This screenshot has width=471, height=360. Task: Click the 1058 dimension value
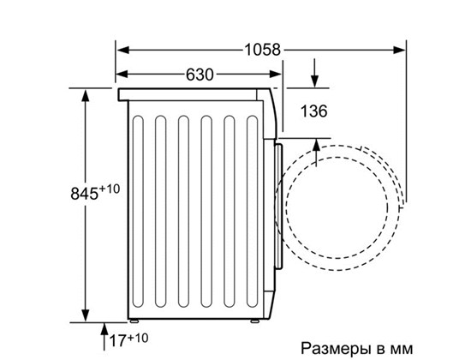coord(263,50)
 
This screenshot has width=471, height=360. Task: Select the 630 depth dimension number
coord(200,75)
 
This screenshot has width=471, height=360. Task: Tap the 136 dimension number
coord(314,111)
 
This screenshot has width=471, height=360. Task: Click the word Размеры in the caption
coord(336,348)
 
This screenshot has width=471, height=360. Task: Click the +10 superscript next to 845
coord(110,189)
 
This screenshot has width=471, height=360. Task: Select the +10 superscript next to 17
coord(138,338)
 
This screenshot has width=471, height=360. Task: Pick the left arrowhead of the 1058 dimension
coord(122,50)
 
